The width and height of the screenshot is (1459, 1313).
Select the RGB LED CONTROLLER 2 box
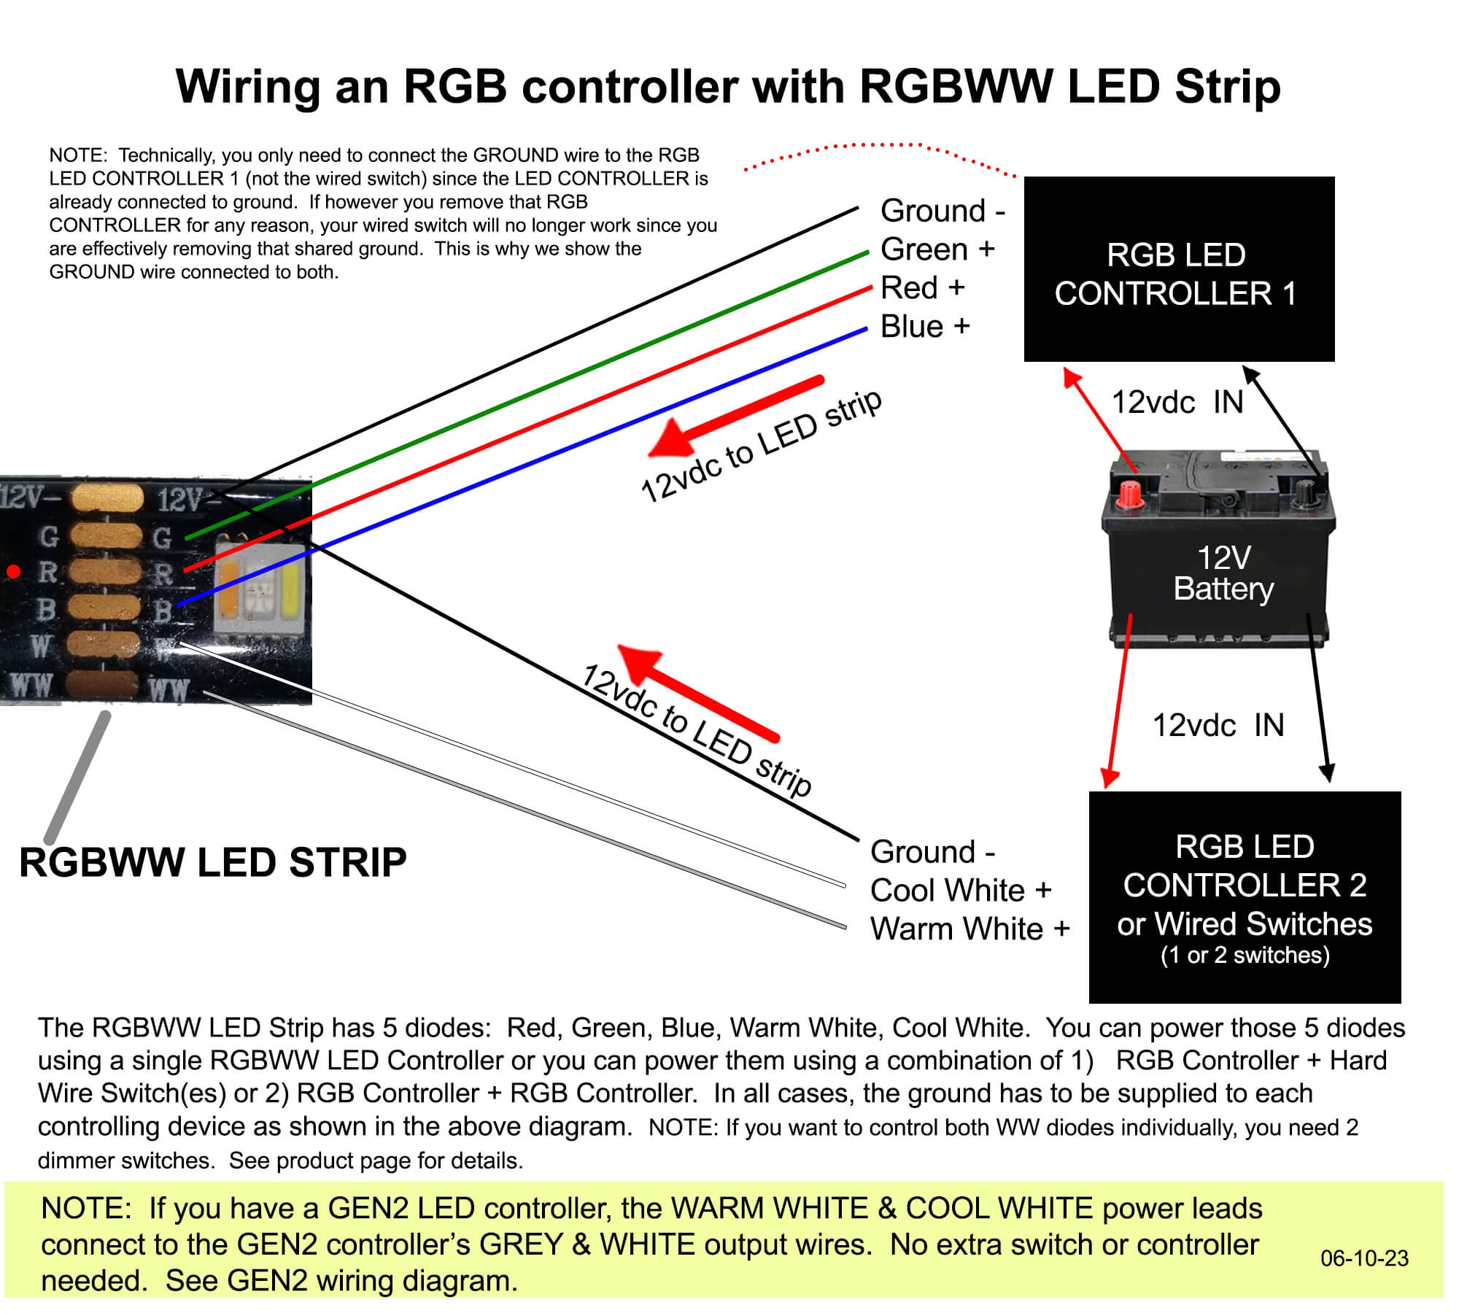[1245, 896]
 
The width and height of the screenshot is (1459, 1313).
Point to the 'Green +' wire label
[937, 249]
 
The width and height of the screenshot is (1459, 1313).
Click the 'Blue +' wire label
[925, 327]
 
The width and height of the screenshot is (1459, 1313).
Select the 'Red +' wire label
[922, 288]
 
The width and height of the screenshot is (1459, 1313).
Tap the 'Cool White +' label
[961, 891]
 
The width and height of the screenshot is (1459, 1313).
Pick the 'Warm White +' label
[970, 929]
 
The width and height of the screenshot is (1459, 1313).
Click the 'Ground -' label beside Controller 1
[943, 211]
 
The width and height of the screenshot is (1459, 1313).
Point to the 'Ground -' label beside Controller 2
[932, 852]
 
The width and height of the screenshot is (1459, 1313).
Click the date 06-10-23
[1364, 1258]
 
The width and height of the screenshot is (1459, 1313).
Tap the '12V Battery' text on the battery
[1223, 573]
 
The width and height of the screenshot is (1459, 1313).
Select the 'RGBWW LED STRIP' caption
[212, 862]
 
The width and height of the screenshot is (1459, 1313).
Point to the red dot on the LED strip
[13, 571]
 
